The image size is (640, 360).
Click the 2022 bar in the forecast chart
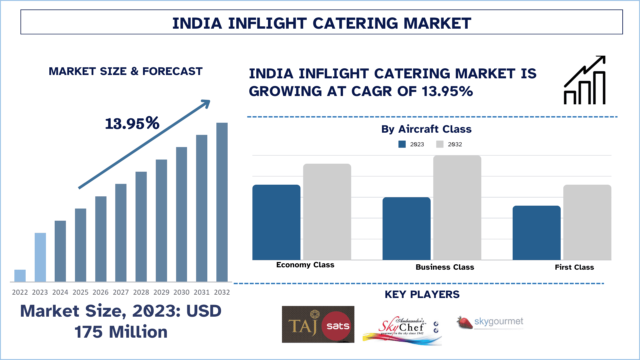click(20, 276)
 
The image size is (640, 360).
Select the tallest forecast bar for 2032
click(222, 202)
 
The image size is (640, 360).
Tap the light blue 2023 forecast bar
click(40, 257)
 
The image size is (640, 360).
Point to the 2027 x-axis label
click(121, 292)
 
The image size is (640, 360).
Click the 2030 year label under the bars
click(181, 292)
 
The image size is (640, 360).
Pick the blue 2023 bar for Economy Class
click(276, 222)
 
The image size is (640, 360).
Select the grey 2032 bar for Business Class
click(457, 208)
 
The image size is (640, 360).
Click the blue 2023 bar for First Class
click(536, 233)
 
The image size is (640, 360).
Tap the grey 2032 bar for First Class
click(587, 222)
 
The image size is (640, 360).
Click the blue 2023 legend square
click(402, 144)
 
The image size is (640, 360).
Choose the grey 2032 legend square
click(440, 144)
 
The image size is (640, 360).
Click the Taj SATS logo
click(318, 324)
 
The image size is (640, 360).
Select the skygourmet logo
click(490, 322)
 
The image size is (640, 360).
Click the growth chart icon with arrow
click(585, 80)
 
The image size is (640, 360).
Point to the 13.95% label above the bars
click(132, 123)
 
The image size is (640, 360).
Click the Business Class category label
click(445, 267)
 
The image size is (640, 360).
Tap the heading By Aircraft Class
click(426, 129)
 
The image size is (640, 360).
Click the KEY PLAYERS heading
click(422, 294)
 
